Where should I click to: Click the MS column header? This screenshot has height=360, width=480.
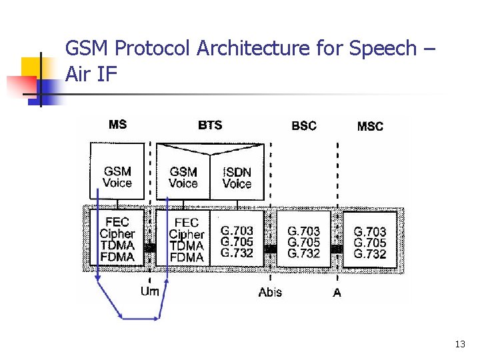pyautogui.click(x=117, y=125)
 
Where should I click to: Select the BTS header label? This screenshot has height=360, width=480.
pyautogui.click(x=210, y=125)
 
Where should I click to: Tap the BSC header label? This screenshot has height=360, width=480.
pyautogui.click(x=304, y=125)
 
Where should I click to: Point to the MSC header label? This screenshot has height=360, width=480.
pyautogui.click(x=370, y=126)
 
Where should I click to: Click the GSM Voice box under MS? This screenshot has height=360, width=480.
pyautogui.click(x=117, y=177)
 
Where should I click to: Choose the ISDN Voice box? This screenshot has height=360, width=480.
pyautogui.click(x=237, y=177)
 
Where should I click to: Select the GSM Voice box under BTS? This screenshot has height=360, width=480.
pyautogui.click(x=183, y=177)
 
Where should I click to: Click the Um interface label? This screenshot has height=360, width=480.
pyautogui.click(x=150, y=291)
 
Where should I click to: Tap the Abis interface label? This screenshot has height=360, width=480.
pyautogui.click(x=270, y=292)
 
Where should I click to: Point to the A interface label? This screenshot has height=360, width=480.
pyautogui.click(x=337, y=292)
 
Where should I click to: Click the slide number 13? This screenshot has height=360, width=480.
pyautogui.click(x=459, y=344)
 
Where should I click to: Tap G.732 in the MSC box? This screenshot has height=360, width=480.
pyautogui.click(x=370, y=254)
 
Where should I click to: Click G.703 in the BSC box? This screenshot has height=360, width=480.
pyautogui.click(x=303, y=231)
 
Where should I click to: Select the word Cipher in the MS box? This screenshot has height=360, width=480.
pyautogui.click(x=117, y=234)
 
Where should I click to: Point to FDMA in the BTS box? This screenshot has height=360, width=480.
pyautogui.click(x=186, y=257)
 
